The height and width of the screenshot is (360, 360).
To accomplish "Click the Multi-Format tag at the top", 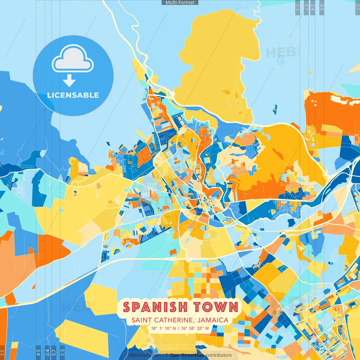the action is [x=180, y=3].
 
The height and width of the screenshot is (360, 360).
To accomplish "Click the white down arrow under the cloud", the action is [x=69, y=81].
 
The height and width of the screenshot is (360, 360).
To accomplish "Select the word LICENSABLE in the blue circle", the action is [x=73, y=95].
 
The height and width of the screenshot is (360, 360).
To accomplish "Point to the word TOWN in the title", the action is [x=216, y=307].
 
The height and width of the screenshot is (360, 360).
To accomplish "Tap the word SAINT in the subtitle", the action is [x=142, y=320].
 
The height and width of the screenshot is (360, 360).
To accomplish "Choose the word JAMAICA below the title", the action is [x=213, y=320].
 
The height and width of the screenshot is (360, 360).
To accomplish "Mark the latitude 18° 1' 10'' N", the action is [x=163, y=328].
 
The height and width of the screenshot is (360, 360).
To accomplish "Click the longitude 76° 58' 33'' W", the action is [x=195, y=328].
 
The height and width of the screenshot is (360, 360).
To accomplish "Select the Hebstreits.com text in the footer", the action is [x=145, y=355].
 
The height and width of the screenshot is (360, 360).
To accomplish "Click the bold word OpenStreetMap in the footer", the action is [x=187, y=355].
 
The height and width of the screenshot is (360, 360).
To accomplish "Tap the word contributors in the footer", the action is [x=219, y=355].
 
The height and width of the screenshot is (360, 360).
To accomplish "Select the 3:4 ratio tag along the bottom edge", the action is [x=47, y=352].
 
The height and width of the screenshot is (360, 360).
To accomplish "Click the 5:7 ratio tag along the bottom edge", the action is [x=54, y=352].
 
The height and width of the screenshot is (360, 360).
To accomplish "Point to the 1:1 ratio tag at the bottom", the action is [x=2, y=353].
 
